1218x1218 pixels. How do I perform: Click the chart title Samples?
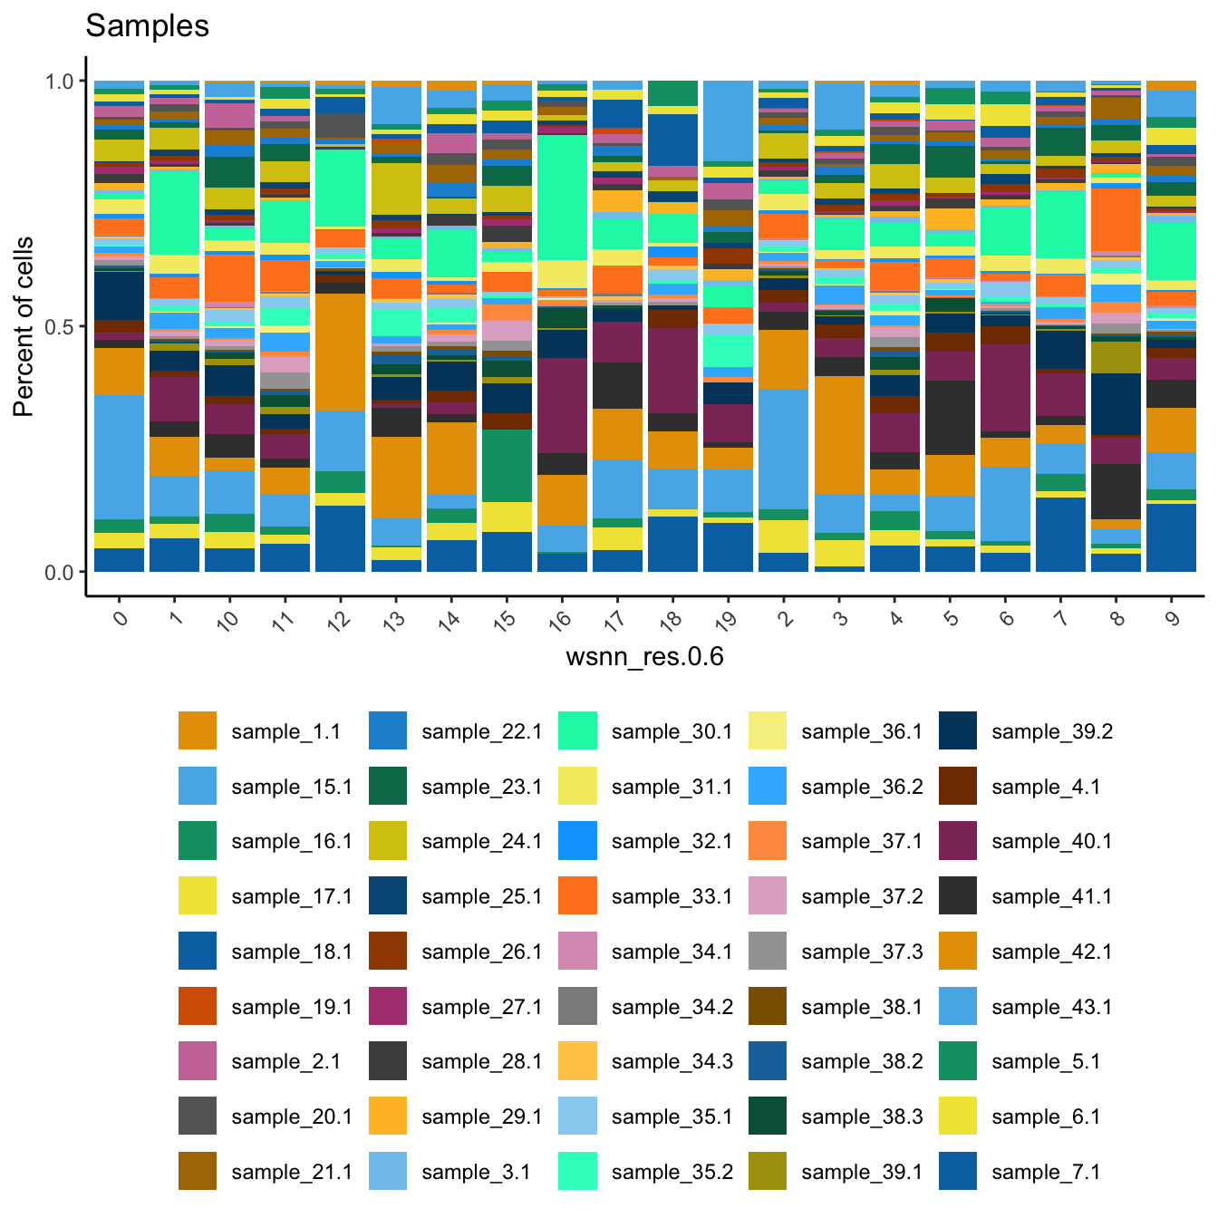coord(147,26)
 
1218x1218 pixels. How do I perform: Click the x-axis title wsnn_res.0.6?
coord(644,656)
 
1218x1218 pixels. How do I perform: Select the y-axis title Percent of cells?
coord(24,326)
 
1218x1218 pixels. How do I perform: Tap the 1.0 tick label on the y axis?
coord(60,82)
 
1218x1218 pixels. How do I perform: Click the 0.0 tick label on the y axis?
coord(60,573)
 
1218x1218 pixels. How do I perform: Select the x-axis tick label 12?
coord(339,621)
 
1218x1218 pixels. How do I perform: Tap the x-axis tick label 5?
coord(951,618)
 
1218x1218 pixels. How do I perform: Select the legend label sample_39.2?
coord(1051,732)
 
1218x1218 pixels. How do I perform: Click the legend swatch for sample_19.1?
coord(198,1007)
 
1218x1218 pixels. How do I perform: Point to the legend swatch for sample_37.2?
coord(768,896)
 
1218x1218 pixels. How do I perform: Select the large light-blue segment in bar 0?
coord(119,457)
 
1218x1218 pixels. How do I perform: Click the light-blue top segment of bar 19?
coord(728,121)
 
